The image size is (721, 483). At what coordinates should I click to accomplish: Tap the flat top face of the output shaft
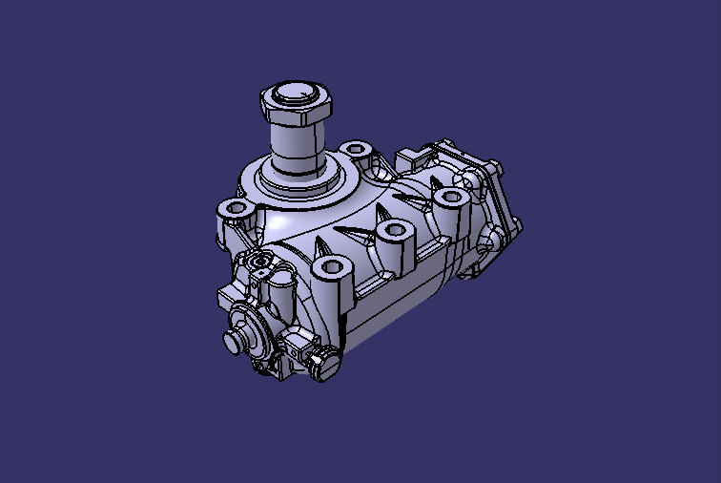tap(297, 94)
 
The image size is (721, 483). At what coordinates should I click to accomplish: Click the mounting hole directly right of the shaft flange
tap(356, 150)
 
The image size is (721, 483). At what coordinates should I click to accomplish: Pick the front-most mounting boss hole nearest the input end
tap(329, 266)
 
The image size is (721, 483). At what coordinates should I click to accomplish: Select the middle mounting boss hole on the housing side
tap(392, 230)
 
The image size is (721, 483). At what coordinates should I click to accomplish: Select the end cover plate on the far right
tap(496, 205)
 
